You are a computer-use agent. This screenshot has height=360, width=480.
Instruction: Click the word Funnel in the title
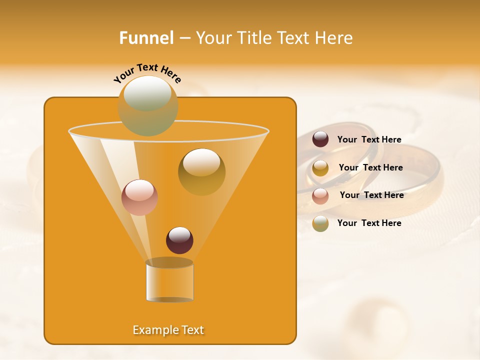[146, 38]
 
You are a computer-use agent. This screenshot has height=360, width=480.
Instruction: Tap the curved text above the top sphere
[147, 72]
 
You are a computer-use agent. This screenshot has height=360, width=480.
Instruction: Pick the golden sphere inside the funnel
[201, 171]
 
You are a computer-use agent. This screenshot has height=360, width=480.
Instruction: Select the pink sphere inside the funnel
[139, 197]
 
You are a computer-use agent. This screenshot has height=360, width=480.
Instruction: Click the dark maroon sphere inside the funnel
[179, 240]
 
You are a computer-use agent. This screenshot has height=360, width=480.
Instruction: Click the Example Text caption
[168, 330]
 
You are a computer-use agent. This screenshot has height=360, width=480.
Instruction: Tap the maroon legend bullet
[320, 139]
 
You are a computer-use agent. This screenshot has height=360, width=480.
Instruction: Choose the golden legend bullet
[320, 167]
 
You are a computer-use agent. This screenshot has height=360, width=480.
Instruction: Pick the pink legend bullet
[320, 195]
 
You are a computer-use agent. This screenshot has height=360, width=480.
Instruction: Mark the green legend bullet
[320, 223]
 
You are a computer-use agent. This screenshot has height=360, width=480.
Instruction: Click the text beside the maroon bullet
[369, 139]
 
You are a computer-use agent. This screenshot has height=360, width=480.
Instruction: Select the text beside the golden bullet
[370, 167]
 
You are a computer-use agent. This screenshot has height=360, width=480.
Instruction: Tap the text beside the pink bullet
[371, 195]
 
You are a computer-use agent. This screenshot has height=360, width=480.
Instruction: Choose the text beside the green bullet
[369, 223]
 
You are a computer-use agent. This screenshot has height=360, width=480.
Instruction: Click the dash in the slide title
[184, 38]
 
